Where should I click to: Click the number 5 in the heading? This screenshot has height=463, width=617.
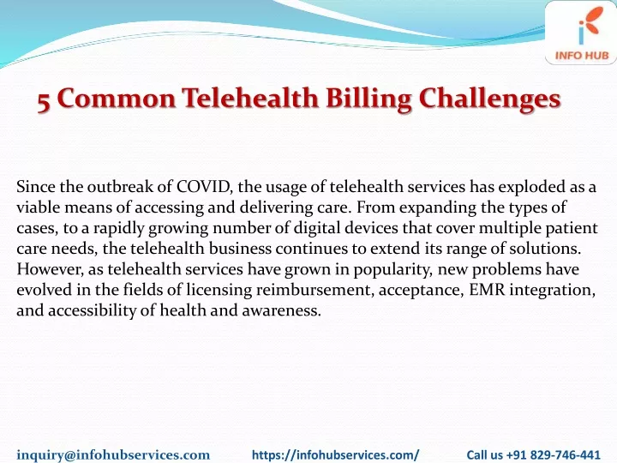tap(44, 101)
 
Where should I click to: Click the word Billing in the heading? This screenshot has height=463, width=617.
tap(368, 99)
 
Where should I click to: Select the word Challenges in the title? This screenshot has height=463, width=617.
tap(489, 99)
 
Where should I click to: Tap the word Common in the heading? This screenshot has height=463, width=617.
tap(116, 98)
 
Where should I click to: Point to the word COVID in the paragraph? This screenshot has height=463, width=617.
tap(203, 187)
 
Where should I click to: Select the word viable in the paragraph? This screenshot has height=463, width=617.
tap(39, 207)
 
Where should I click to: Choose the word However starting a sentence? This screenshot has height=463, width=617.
tap(50, 269)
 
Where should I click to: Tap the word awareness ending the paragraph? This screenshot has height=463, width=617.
tap(281, 310)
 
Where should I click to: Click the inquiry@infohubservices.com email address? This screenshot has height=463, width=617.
tap(113, 454)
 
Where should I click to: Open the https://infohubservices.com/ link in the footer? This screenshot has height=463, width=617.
tap(336, 454)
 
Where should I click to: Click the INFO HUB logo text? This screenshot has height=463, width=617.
tap(582, 56)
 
